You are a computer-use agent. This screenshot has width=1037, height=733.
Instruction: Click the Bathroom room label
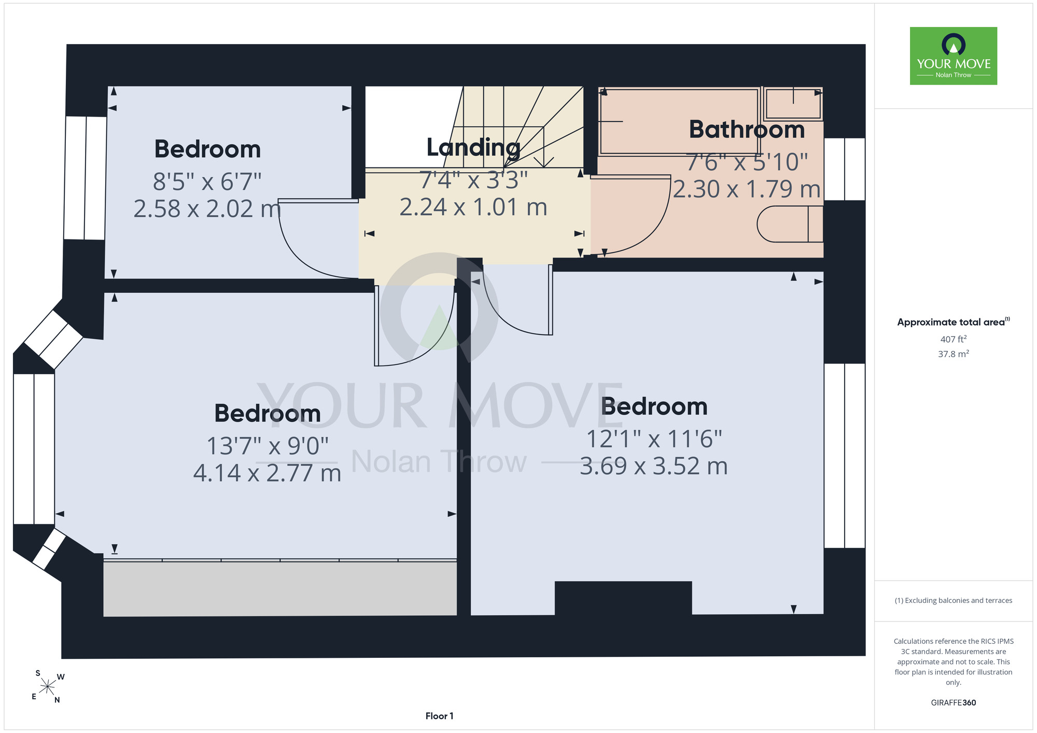coord(747,130)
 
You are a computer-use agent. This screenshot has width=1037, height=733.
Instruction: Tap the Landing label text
coord(473,148)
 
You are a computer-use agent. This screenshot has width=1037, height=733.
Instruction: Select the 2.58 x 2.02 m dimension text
coord(207,209)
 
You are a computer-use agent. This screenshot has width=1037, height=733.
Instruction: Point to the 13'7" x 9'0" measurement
coord(268,446)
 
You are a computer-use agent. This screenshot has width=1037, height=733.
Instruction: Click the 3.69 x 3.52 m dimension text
coord(654,466)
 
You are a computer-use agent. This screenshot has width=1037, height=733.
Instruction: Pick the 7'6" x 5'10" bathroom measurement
coord(747,162)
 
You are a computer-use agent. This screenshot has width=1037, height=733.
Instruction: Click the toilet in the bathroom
coord(790,224)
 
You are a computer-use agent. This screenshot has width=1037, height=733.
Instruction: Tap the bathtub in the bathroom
coord(679,122)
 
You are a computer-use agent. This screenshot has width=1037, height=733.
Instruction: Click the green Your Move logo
coord(954,56)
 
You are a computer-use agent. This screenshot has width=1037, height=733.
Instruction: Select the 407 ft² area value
coord(954,339)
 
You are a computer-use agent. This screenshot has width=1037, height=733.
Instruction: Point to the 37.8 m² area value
coord(954,354)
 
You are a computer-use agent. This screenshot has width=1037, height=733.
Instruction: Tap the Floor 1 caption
coord(439,716)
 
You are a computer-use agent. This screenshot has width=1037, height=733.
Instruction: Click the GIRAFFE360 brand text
coord(954,703)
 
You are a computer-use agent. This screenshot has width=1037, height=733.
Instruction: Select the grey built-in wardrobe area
coord(280,589)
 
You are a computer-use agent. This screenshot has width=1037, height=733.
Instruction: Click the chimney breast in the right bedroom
coord(623,598)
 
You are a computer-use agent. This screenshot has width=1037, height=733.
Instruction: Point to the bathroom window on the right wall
coord(845,169)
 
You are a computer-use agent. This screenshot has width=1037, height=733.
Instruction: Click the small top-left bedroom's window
coord(86,178)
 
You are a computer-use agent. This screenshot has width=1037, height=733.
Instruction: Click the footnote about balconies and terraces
coord(954,600)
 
